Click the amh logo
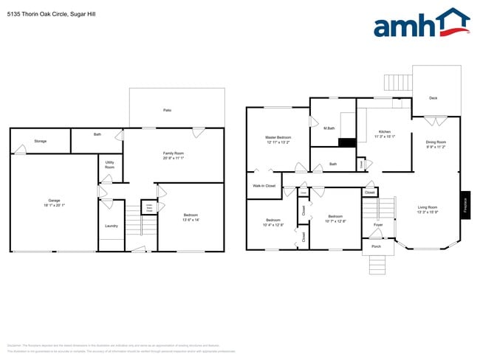pyautogui.click(x=421, y=24)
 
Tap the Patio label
pyautogui.click(x=168, y=110)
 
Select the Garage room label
pyautogui.click(x=54, y=201)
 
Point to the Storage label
pyautogui.click(x=40, y=141)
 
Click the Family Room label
pyautogui.click(x=173, y=153)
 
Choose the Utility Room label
pyautogui.click(x=109, y=165)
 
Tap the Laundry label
pyautogui.click(x=112, y=226)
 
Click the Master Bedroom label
pyautogui.click(x=278, y=137)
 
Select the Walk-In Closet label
pyautogui.click(x=264, y=185)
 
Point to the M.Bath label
pyautogui.click(x=329, y=129)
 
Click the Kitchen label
pyautogui.click(x=385, y=131)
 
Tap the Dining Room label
pyautogui.click(x=436, y=142)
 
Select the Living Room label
pyautogui.click(x=428, y=207)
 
